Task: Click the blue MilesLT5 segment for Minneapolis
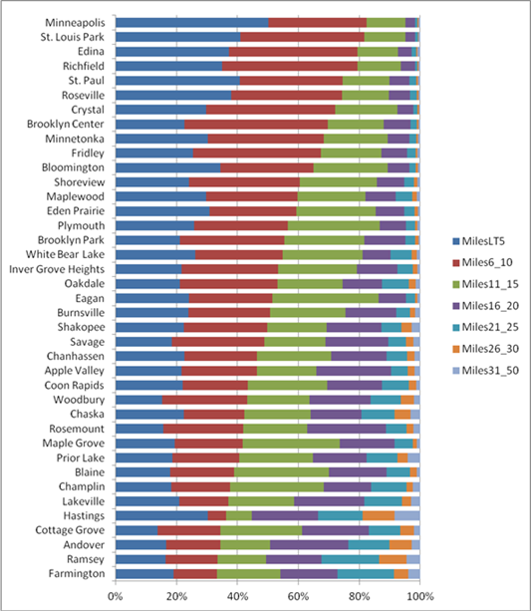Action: pos(192,23)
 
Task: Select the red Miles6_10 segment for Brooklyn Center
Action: pos(256,125)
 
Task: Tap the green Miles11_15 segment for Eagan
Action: pos(326,298)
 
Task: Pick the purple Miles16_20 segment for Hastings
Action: pos(285,516)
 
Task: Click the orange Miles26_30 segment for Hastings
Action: pos(379,516)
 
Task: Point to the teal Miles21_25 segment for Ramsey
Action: pos(351,559)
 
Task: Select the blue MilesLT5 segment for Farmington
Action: pos(144,574)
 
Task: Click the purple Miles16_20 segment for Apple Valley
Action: pos(354,371)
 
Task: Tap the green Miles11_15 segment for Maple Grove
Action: pos(291,444)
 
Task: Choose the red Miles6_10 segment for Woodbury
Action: pos(204,400)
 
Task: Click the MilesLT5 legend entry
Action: pos(479,241)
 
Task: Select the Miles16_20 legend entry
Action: pos(486,306)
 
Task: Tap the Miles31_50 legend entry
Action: pos(486,370)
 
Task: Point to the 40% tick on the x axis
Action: pos(237,585)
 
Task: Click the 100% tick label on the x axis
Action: pos(419,597)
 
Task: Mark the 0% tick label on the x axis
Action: pos(116,597)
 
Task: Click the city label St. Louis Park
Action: pos(73,37)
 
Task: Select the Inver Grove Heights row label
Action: pos(57,269)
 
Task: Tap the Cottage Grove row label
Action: pos(70,530)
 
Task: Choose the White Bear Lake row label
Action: pos(65,254)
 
